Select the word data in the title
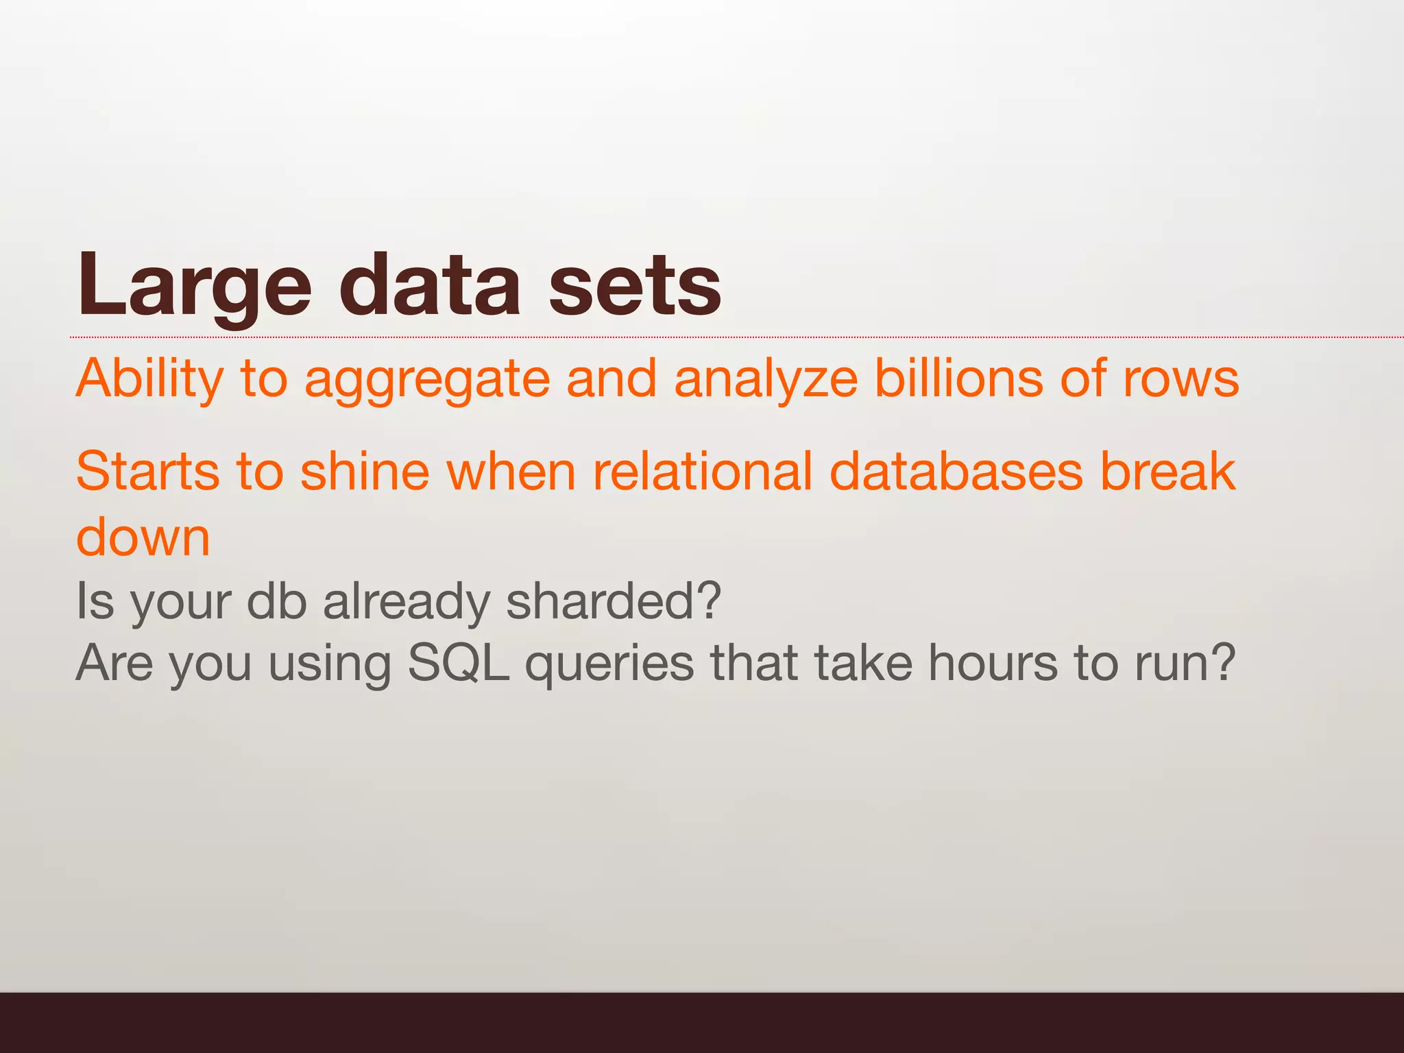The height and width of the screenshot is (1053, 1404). click(x=430, y=286)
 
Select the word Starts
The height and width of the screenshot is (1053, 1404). click(x=147, y=472)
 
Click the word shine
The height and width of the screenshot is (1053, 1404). click(x=365, y=472)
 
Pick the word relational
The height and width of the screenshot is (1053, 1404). click(x=702, y=472)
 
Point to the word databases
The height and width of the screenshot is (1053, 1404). click(x=956, y=472)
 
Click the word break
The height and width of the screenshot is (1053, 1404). click(x=1167, y=472)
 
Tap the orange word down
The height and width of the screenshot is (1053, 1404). click(x=143, y=537)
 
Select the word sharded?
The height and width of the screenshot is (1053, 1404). click(x=614, y=601)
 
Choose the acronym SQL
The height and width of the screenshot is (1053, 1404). click(x=459, y=664)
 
